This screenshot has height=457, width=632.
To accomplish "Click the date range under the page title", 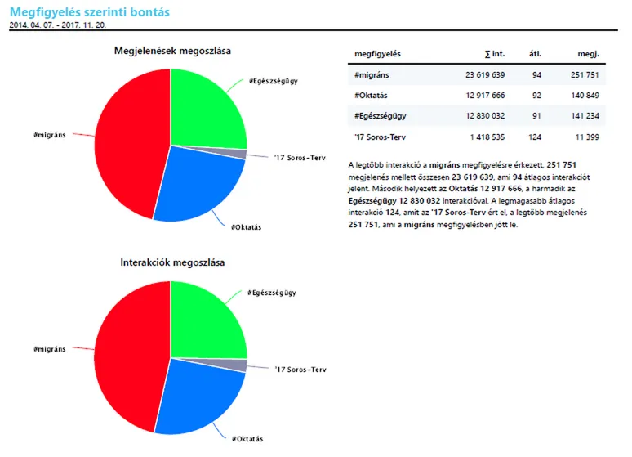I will (x=57, y=25).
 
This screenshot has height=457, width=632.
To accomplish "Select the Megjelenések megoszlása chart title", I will (x=171, y=51).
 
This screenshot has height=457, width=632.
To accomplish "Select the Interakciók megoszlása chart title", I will (x=172, y=262).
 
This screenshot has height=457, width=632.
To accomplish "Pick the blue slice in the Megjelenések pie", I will (x=196, y=188).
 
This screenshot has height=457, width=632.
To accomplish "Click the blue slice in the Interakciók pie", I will (x=200, y=397).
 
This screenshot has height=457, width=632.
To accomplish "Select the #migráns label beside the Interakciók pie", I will (x=50, y=349).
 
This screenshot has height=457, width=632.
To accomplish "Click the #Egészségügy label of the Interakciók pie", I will (x=272, y=293).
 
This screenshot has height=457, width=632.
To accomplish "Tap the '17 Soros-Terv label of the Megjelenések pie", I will (x=301, y=158).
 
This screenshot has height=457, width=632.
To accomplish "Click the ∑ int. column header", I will (x=495, y=54).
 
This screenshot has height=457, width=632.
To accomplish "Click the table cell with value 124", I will (x=536, y=137).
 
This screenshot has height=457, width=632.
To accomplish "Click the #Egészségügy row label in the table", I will (x=381, y=116).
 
